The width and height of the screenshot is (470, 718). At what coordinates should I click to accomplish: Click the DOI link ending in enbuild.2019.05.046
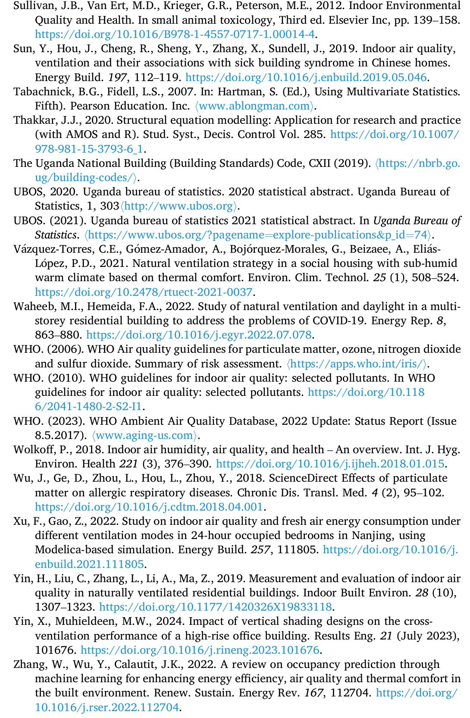306,78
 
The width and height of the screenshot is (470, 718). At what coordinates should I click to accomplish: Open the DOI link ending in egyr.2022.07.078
199,335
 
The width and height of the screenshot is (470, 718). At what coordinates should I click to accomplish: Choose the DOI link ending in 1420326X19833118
216,607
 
